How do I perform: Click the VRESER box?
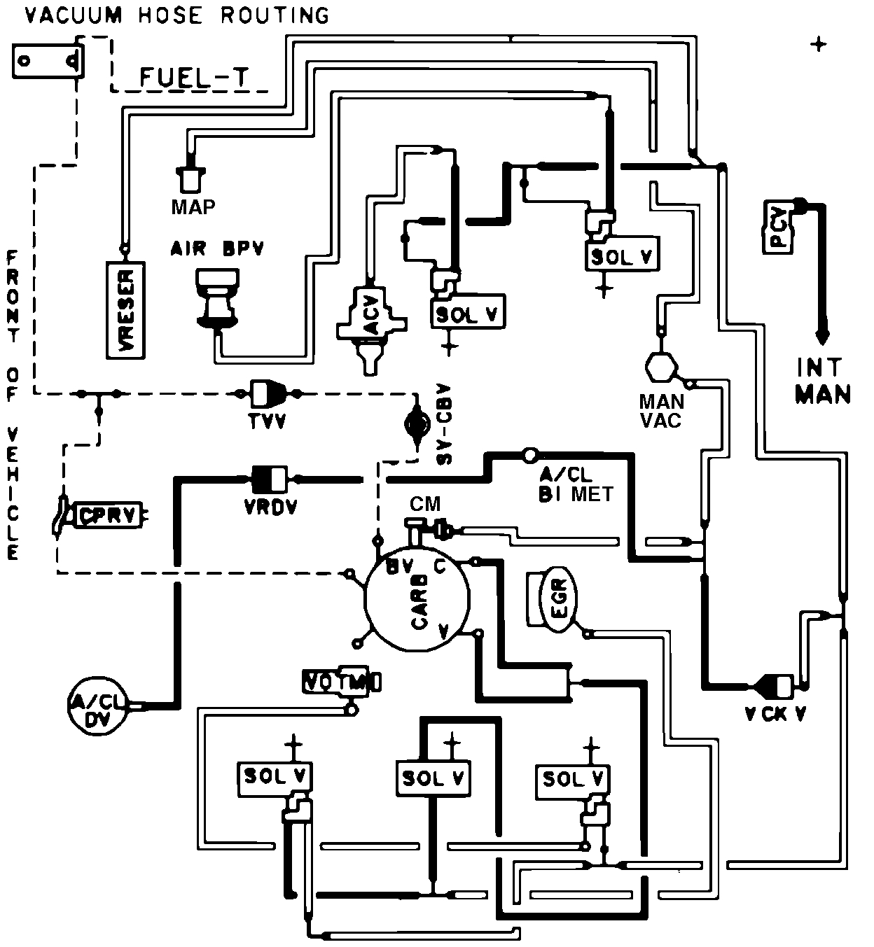coord(125,311)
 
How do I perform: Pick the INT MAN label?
coord(822,381)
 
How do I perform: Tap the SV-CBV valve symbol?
coord(417,422)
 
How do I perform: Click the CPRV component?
coord(109,516)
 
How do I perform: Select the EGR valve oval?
coord(558,601)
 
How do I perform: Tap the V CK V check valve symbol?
coord(775,685)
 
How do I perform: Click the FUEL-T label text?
coord(194,77)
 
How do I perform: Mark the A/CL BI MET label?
coord(576,484)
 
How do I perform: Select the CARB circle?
coord(419,601)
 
